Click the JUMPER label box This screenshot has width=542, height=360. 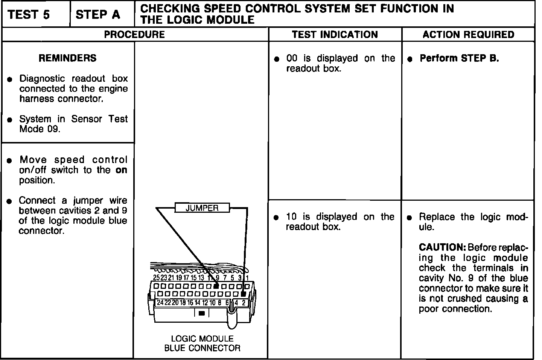pos(202,208)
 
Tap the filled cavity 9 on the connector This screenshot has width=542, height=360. pos(216,287)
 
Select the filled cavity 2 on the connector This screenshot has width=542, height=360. pos(244,294)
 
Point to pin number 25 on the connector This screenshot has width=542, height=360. pos(156,278)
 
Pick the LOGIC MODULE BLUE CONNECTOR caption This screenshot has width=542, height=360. pos(202,343)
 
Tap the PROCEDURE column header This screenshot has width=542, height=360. pos(134,35)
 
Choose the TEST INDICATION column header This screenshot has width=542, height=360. pos(335,35)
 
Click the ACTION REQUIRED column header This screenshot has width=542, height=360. pos(468,35)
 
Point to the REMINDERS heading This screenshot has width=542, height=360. pos(68,58)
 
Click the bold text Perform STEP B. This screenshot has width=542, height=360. pos(459,58)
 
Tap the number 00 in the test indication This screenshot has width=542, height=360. pos(292,58)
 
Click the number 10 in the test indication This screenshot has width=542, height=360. pos(292,217)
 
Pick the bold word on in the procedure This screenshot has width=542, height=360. pos(122,170)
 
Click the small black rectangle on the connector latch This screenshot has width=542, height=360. pos(201,313)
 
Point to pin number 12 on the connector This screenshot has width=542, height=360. pos(205,302)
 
